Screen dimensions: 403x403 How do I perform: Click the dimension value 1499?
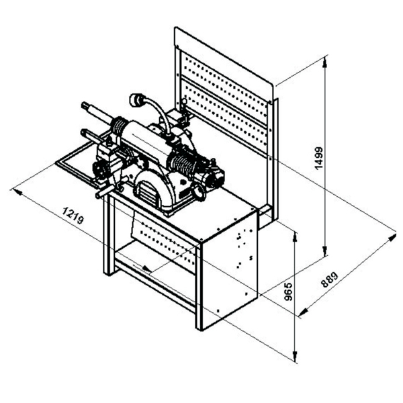pyautogui.click(x=319, y=158)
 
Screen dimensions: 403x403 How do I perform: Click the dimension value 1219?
pyautogui.click(x=73, y=216)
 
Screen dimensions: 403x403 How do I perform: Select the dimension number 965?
pyautogui.click(x=289, y=292)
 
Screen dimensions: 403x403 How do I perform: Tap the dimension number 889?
pyautogui.click(x=330, y=280)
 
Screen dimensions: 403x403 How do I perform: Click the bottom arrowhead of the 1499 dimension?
pyautogui.click(x=325, y=251)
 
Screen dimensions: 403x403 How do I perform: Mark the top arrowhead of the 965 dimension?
pyautogui.click(x=296, y=236)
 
